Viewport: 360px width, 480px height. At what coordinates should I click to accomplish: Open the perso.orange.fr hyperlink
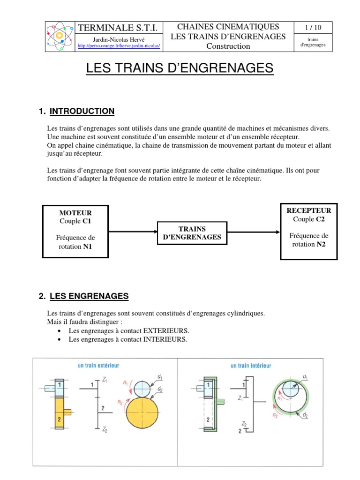119,46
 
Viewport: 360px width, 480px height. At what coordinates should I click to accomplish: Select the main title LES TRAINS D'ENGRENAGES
180,69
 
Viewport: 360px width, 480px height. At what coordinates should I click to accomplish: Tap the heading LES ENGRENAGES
89,296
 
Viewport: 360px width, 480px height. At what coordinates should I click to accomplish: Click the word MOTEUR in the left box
75,213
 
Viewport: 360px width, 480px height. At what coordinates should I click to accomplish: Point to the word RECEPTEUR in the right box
308,211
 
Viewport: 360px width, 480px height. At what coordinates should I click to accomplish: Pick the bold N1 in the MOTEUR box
88,247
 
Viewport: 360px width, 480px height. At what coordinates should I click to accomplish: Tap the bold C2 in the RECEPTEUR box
320,219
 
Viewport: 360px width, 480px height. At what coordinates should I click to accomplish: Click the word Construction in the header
229,46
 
